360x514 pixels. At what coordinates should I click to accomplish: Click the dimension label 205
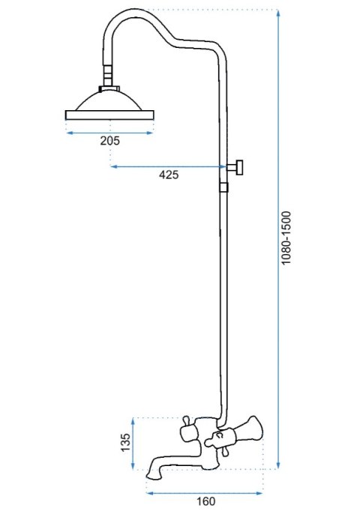click(110, 141)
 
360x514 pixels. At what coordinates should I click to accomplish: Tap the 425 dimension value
click(169, 175)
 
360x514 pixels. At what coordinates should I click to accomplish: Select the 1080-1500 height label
click(286, 238)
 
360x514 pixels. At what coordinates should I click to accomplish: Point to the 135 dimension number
click(126, 443)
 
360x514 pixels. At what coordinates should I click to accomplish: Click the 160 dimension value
click(205, 501)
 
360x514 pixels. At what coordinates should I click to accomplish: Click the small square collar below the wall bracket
click(223, 187)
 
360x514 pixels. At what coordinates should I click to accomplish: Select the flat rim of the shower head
click(109, 115)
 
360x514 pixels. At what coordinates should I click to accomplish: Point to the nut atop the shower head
click(109, 89)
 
